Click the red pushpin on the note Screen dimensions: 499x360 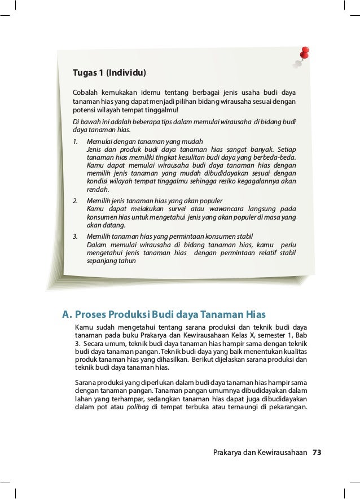[x=305, y=51]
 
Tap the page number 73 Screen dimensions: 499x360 [x=320, y=452]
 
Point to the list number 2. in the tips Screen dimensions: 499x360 [x=76, y=201]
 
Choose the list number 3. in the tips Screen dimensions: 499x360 [x=76, y=235]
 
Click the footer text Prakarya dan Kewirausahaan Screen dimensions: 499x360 [x=260, y=452]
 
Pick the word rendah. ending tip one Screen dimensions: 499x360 [x=97, y=190]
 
